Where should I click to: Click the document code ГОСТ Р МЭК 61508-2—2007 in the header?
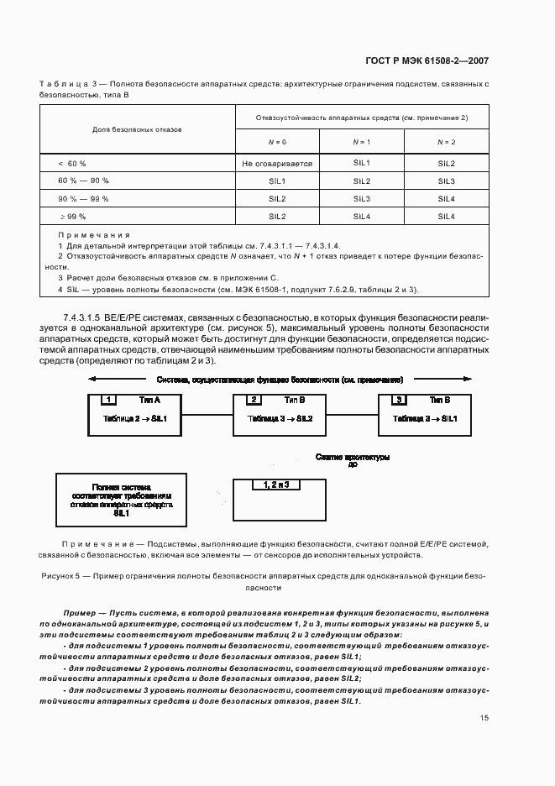429,60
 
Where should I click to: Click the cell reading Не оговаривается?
277,164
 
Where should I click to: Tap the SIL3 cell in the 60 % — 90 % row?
446,181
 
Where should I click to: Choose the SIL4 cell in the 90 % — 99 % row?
446,199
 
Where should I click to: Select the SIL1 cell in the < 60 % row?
362,164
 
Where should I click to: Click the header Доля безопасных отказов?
137,130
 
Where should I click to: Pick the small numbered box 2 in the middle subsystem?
255,400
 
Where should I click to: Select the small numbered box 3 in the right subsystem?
401,400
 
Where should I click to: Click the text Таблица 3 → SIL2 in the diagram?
280,417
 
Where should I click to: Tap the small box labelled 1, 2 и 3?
275,485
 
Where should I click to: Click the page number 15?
484,718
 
